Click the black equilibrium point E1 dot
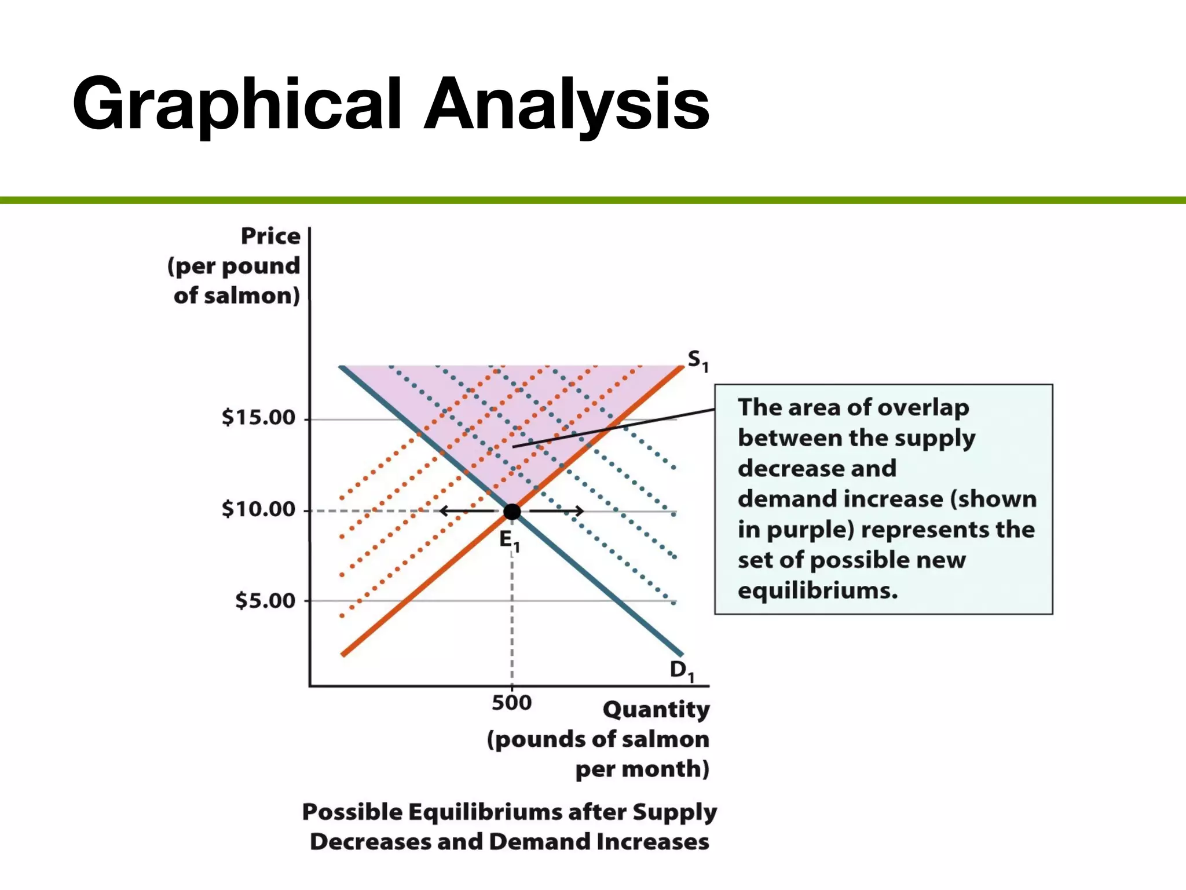click(512, 511)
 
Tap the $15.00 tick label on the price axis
click(258, 417)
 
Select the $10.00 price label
click(258, 509)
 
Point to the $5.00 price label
click(265, 600)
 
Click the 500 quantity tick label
click(511, 702)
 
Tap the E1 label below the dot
click(509, 540)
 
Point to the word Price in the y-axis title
click(270, 236)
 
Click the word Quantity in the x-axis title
click(656, 709)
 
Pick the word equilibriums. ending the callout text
click(817, 590)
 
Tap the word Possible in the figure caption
click(352, 811)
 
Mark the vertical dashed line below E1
click(512, 614)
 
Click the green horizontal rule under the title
click(593, 200)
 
